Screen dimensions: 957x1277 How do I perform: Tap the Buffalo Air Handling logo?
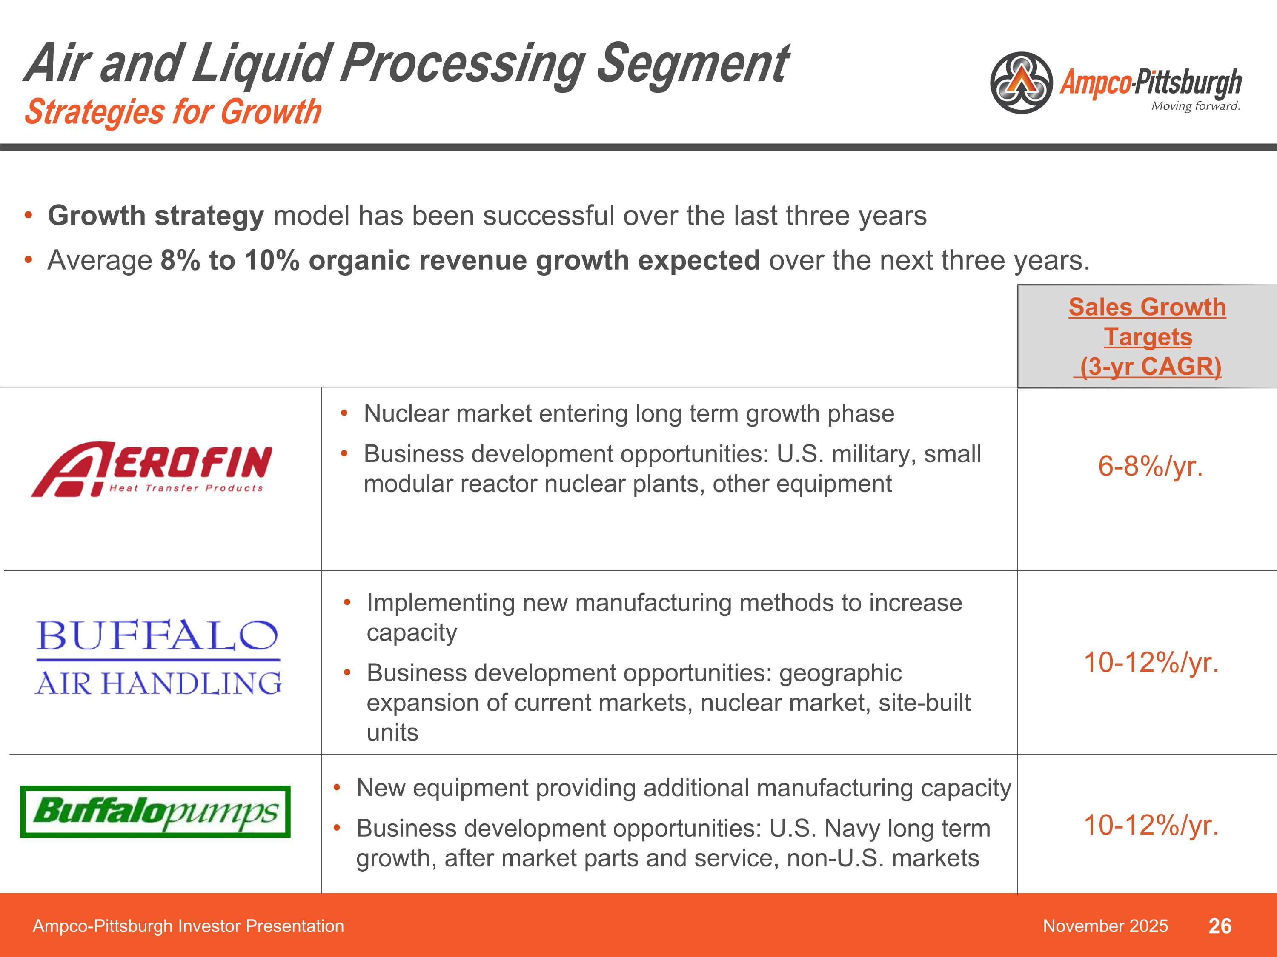[x=157, y=658]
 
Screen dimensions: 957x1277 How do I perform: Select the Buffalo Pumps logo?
[x=155, y=812]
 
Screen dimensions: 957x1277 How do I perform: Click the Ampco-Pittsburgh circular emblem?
[x=1021, y=83]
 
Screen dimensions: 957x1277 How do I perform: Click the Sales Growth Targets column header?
[x=1147, y=337]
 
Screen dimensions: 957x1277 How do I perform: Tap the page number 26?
[x=1220, y=926]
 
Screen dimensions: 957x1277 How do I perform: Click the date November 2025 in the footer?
[x=1105, y=926]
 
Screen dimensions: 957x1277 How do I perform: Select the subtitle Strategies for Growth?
[x=173, y=112]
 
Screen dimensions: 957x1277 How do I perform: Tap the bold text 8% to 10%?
[x=230, y=261]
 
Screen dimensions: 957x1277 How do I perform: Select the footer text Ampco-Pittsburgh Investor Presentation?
[x=188, y=926]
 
